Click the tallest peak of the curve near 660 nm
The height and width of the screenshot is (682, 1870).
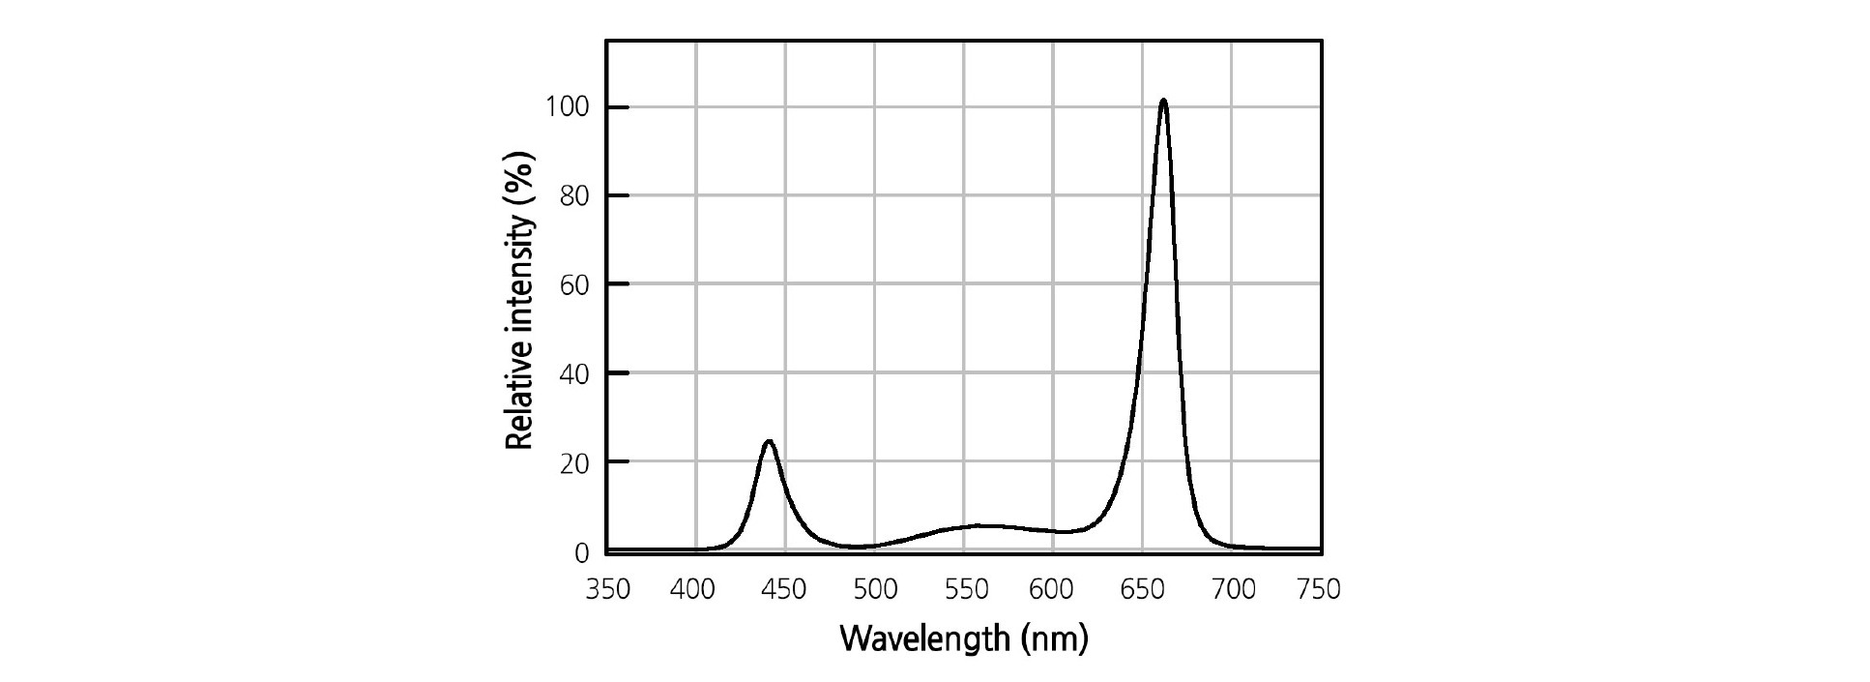(x=1162, y=101)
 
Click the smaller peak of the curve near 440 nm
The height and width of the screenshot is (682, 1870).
(x=769, y=442)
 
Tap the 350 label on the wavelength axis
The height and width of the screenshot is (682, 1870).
(x=608, y=589)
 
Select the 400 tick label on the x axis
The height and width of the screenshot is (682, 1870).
(x=692, y=589)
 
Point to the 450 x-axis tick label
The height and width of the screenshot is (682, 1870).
(x=783, y=589)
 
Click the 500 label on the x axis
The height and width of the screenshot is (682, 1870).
(x=874, y=589)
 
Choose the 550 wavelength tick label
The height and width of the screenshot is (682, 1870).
(x=964, y=589)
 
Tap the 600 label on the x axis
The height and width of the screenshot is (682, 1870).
(x=1052, y=589)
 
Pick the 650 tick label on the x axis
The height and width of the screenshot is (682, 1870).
(x=1142, y=589)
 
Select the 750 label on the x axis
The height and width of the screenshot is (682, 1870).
(x=1320, y=589)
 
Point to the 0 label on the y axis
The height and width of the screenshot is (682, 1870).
(x=581, y=553)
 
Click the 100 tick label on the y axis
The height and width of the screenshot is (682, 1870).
(x=567, y=106)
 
